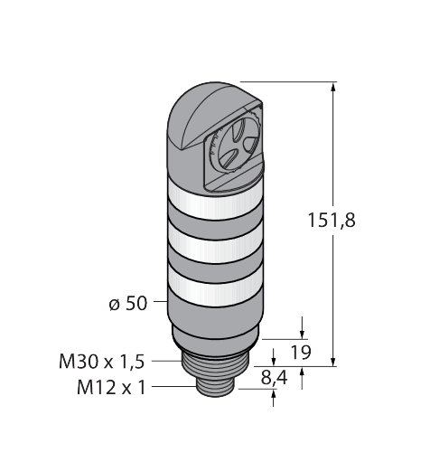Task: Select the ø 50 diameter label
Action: (129, 304)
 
